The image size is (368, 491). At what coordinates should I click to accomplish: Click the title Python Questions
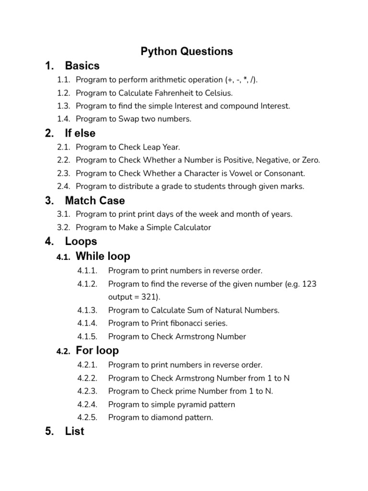pyautogui.click(x=186, y=51)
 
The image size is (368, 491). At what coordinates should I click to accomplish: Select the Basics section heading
pyautogui.click(x=82, y=66)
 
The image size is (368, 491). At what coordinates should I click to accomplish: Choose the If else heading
pyautogui.click(x=80, y=133)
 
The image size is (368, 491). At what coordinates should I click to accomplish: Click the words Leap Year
pyautogui.click(x=163, y=147)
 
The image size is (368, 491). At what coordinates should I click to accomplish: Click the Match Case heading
pyautogui.click(x=95, y=200)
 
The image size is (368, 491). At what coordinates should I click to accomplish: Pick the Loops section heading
pyautogui.click(x=81, y=241)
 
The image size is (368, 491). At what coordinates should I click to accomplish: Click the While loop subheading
pyautogui.click(x=103, y=257)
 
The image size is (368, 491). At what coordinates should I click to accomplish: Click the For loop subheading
pyautogui.click(x=97, y=351)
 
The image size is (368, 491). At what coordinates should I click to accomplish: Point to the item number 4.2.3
pyautogui.click(x=87, y=391)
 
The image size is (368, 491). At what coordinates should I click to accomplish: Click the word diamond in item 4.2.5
pyautogui.click(x=168, y=417)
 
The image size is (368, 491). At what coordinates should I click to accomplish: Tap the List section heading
pyautogui.click(x=74, y=432)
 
